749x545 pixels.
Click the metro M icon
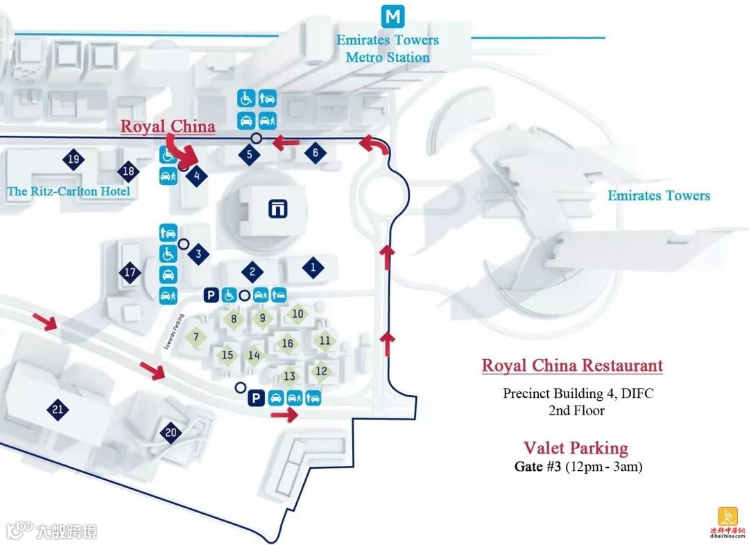pyautogui.click(x=393, y=16)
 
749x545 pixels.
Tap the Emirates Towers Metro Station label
pyautogui.click(x=388, y=49)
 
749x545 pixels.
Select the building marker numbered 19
pyautogui.click(x=74, y=160)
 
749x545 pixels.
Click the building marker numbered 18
pyautogui.click(x=128, y=171)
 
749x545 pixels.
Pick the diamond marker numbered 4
pyautogui.click(x=198, y=176)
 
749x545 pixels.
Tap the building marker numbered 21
pyautogui.click(x=58, y=410)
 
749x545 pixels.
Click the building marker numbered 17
pyautogui.click(x=130, y=272)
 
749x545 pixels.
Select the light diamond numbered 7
pyautogui.click(x=196, y=337)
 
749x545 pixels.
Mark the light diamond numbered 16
pyautogui.click(x=288, y=343)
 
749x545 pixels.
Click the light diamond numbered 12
pyautogui.click(x=321, y=372)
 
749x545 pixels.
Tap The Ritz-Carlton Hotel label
pyautogui.click(x=69, y=191)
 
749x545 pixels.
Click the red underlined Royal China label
pyautogui.click(x=168, y=127)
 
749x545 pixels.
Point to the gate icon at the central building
pyautogui.click(x=279, y=208)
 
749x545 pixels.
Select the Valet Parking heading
pyautogui.click(x=576, y=448)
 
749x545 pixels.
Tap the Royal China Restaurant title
pyautogui.click(x=572, y=365)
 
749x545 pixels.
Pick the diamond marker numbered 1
pyautogui.click(x=313, y=267)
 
